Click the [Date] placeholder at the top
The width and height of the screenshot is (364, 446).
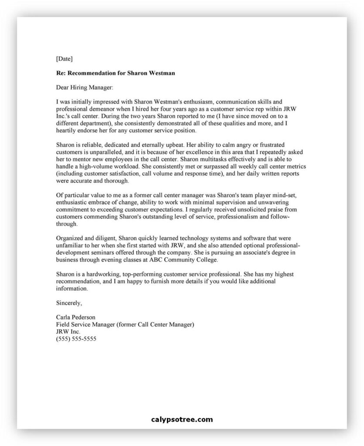[x=65, y=58]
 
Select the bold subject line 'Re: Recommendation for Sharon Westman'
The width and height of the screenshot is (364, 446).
[x=116, y=73]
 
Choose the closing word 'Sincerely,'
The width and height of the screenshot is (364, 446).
[x=69, y=302]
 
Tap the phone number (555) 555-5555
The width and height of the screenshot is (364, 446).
[x=76, y=338]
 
